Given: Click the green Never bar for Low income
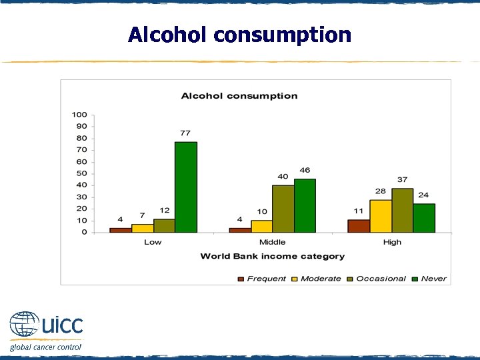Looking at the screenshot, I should point(186,187).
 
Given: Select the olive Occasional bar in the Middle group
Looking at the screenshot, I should point(283,209).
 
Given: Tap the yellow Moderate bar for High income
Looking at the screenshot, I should point(381,216).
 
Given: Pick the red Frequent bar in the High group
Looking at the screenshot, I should point(359,226).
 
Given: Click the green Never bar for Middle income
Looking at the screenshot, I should point(305,205).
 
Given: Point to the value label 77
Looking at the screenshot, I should point(185,133).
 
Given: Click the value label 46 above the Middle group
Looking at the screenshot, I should point(305,171).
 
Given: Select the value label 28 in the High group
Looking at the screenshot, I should point(380,191).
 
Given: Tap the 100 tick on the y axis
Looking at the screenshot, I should point(80,115).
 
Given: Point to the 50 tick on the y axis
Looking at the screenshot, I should point(82,173).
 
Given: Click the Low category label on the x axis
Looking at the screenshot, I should point(153,242).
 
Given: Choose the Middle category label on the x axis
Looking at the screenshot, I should point(272,242).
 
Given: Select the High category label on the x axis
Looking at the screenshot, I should point(392,242).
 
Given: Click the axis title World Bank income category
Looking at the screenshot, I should point(272,256).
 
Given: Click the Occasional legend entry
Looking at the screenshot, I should point(381,279).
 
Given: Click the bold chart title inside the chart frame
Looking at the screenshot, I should point(239,96).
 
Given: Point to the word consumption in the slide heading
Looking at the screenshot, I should point(283,35).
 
